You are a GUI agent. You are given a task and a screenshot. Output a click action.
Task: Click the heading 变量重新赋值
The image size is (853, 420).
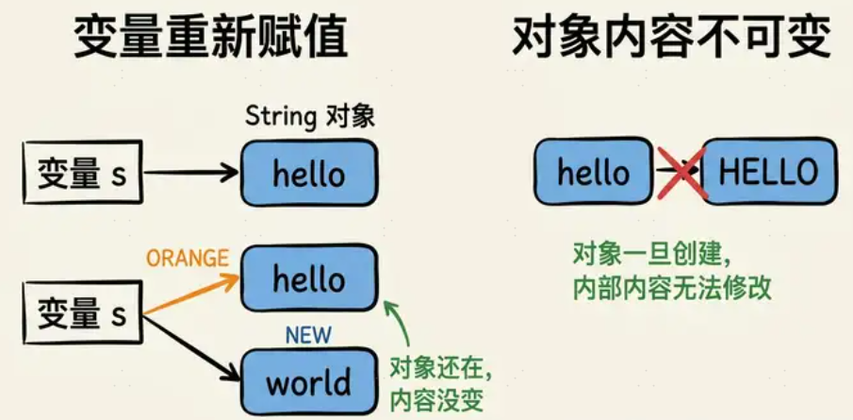(210, 39)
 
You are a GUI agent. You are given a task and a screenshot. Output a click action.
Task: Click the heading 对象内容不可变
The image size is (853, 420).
(672, 39)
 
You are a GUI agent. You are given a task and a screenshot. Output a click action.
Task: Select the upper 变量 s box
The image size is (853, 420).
(82, 174)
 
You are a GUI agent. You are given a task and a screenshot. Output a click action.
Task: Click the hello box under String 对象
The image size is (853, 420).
(309, 174)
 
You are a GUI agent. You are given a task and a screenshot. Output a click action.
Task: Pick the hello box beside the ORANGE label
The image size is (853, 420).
(309, 277)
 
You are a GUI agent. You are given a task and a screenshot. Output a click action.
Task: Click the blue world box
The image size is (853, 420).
(308, 382)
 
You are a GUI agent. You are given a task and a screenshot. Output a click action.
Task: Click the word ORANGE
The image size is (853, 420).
(188, 258)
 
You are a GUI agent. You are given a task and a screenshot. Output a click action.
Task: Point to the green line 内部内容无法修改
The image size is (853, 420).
(672, 288)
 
